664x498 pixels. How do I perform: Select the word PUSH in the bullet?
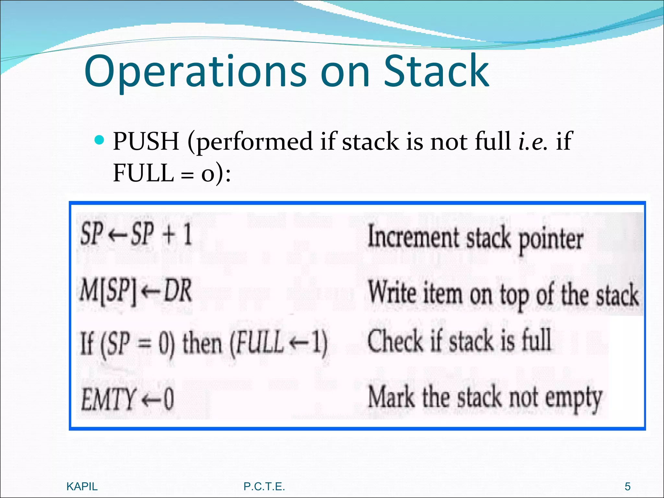point(146,141)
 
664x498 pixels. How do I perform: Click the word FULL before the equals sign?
point(144,172)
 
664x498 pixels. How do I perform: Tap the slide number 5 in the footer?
point(628,486)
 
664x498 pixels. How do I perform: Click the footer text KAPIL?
point(82,486)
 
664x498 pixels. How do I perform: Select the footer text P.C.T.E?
point(264,486)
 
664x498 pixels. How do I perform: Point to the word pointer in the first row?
point(551,240)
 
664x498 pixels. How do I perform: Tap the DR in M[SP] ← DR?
point(177,291)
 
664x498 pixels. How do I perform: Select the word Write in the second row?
point(392,293)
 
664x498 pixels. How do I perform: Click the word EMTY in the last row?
point(108,399)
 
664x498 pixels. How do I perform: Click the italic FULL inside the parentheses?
point(259,343)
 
